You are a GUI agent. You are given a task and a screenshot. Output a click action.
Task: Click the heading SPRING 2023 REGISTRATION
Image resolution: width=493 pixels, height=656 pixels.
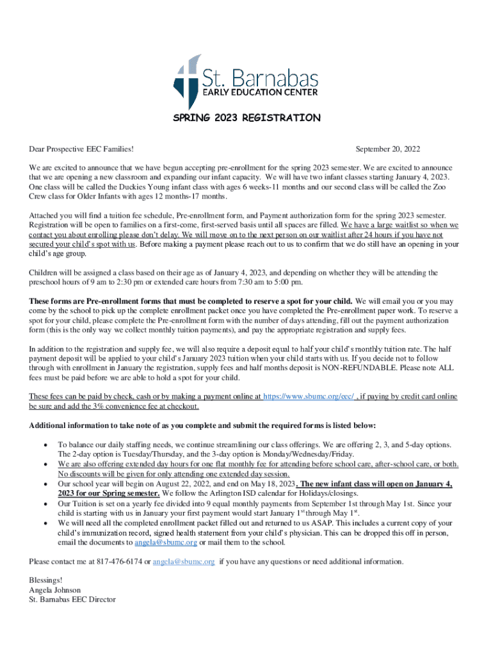point(247,118)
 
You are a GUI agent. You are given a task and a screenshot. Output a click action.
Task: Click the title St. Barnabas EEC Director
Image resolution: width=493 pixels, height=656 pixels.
point(72,600)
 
